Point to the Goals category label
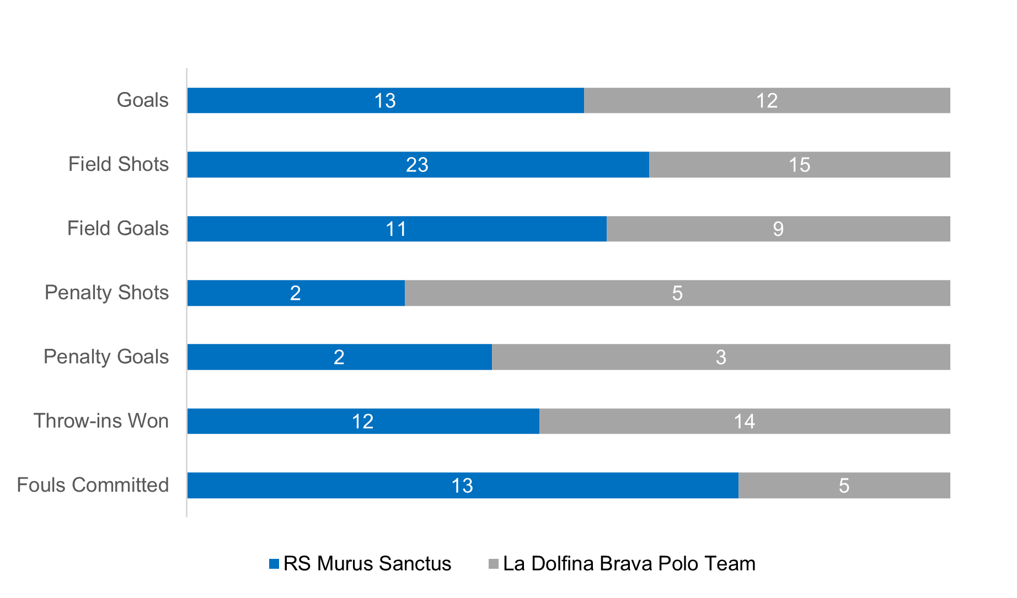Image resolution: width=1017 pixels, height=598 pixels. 143,100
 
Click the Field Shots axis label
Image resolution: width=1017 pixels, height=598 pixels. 119,164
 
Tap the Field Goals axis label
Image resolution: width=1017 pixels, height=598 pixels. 118,228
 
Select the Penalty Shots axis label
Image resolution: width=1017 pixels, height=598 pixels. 106,293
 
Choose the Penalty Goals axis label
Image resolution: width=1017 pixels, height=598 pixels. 106,357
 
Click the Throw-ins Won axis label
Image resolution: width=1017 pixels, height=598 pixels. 101,421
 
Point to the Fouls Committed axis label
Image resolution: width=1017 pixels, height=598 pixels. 93,485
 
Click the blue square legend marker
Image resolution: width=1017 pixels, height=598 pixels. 274,564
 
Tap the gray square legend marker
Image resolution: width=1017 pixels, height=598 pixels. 494,564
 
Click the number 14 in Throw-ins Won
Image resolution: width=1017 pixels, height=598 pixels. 744,422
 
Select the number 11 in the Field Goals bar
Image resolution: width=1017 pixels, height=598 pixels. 396,229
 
